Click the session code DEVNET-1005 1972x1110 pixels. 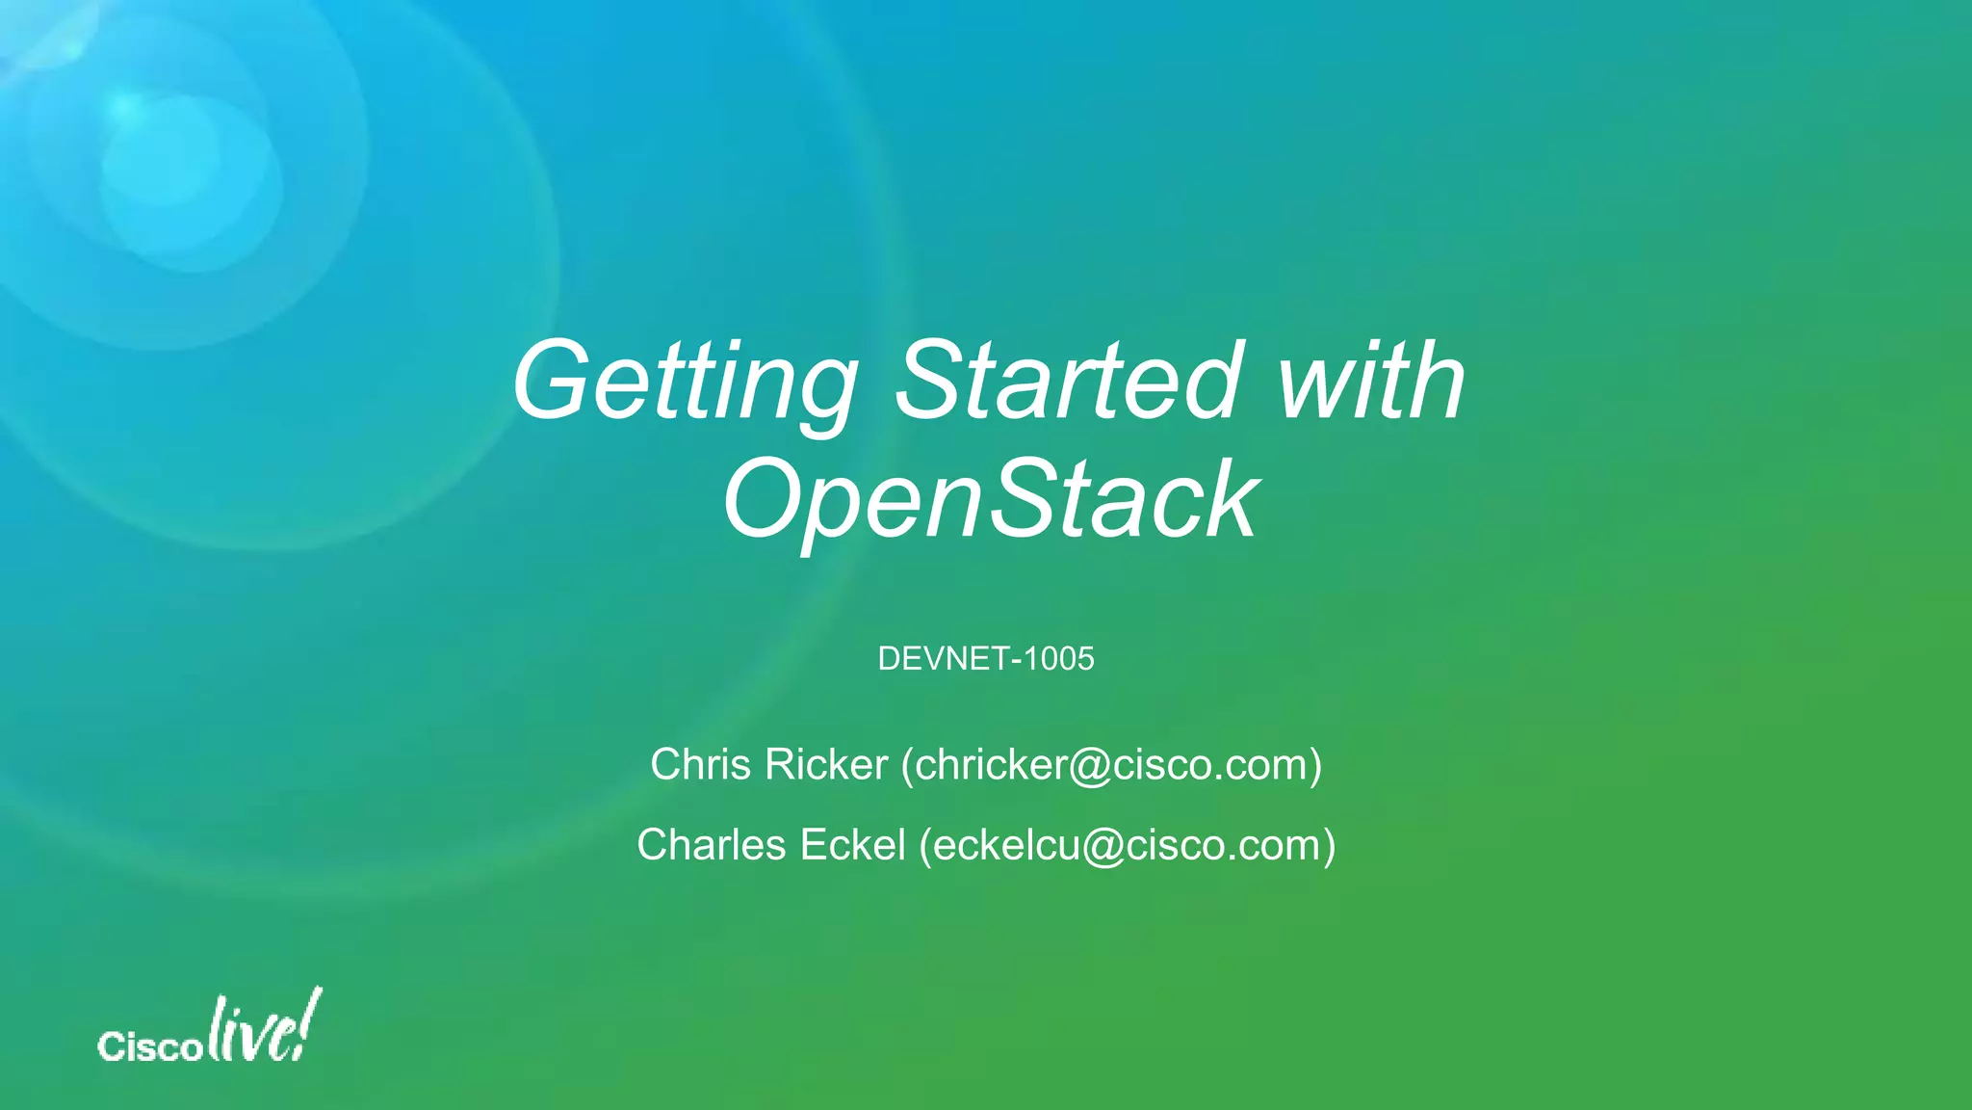(x=986, y=659)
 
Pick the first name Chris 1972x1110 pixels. (x=700, y=765)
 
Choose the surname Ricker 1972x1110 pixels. (x=826, y=765)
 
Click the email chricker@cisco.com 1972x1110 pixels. (x=1112, y=765)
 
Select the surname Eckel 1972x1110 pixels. (x=853, y=845)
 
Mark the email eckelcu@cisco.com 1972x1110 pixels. (x=1128, y=845)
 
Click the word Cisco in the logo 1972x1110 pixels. (x=149, y=1046)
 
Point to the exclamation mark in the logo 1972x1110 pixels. (x=309, y=1021)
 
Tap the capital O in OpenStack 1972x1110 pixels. (x=766, y=499)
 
